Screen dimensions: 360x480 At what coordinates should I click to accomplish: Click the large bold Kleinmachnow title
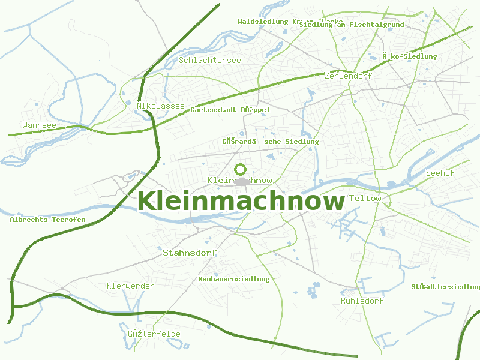241,201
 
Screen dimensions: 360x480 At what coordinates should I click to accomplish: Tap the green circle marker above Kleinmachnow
241,169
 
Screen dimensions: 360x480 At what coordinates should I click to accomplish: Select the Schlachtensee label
209,61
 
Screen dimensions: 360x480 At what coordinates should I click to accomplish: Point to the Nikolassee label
160,106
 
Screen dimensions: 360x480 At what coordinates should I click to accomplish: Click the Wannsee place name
39,125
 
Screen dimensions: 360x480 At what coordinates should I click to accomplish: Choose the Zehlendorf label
347,76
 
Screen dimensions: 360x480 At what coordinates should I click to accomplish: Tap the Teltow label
365,198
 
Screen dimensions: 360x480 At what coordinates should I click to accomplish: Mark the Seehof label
439,173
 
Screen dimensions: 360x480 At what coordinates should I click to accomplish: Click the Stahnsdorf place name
189,253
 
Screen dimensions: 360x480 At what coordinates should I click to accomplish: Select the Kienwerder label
130,286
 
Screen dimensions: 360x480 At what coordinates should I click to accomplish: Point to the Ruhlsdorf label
362,301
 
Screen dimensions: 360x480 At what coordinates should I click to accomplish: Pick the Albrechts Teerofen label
47,220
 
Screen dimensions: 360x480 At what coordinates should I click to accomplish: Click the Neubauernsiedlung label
234,279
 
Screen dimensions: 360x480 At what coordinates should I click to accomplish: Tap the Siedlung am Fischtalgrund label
351,25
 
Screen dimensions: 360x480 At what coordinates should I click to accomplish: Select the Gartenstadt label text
230,110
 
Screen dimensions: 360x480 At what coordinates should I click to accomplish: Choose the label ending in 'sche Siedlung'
270,142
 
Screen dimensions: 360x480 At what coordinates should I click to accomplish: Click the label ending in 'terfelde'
154,334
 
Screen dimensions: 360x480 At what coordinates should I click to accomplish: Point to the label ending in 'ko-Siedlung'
410,56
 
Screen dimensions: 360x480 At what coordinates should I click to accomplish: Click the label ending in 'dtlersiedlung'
445,287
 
